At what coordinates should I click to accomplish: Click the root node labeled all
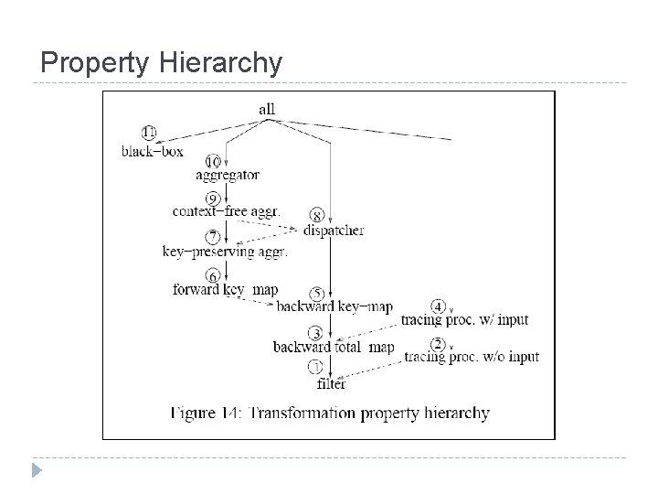tap(266, 110)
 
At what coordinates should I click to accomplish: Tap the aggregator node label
tap(228, 175)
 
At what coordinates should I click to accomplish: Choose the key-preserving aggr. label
tap(225, 252)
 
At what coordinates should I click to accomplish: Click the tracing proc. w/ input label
tap(464, 319)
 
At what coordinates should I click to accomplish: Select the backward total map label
tap(334, 347)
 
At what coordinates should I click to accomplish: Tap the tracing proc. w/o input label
tap(472, 357)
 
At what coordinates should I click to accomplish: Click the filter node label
tap(332, 383)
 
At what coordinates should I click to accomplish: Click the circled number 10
tap(213, 160)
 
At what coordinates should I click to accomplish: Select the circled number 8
tap(317, 217)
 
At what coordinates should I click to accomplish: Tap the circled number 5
tap(315, 293)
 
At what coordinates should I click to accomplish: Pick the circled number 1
tap(315, 368)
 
